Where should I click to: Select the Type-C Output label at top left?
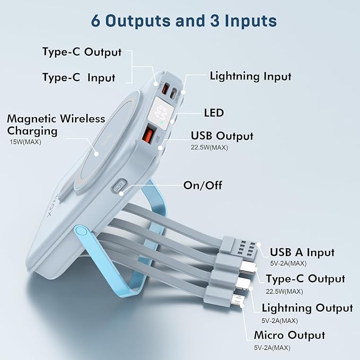[82, 52]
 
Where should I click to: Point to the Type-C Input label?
[78, 77]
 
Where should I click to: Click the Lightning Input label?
[250, 76]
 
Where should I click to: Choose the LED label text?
[214, 112]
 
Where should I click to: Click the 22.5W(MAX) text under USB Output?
[209, 147]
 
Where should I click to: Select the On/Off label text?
[203, 185]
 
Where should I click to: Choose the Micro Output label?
[289, 335]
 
